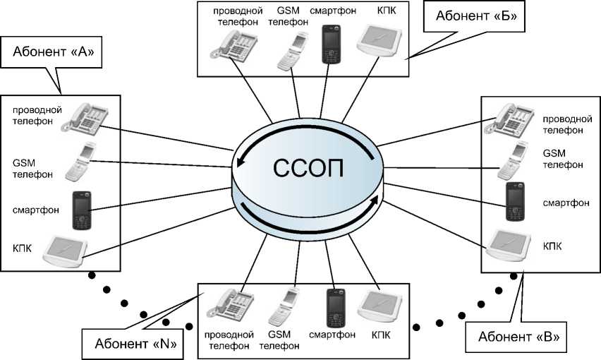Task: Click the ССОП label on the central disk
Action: (310, 169)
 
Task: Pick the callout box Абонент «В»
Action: (518, 337)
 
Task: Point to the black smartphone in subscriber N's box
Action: (334, 307)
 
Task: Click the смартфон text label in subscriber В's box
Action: (566, 203)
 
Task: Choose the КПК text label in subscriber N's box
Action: (381, 331)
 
